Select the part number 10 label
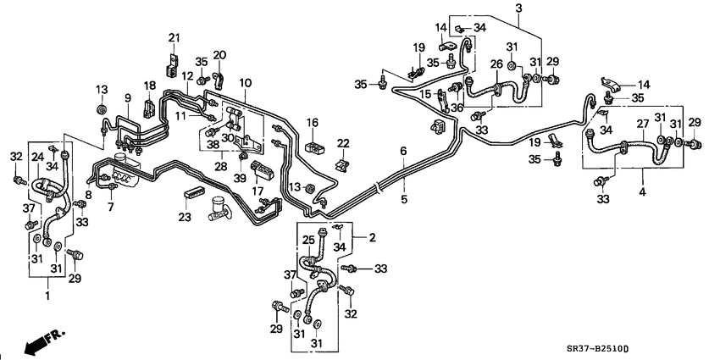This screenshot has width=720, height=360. [246, 82]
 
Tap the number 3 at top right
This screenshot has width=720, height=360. [517, 8]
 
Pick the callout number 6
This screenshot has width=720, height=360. [403, 151]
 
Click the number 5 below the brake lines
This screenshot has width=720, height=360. [403, 200]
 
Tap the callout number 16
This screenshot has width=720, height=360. [313, 124]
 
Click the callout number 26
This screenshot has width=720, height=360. [497, 64]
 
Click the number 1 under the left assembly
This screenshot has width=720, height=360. [47, 296]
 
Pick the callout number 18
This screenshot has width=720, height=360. [149, 86]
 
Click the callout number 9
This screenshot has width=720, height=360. [128, 98]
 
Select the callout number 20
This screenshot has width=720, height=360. [219, 55]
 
